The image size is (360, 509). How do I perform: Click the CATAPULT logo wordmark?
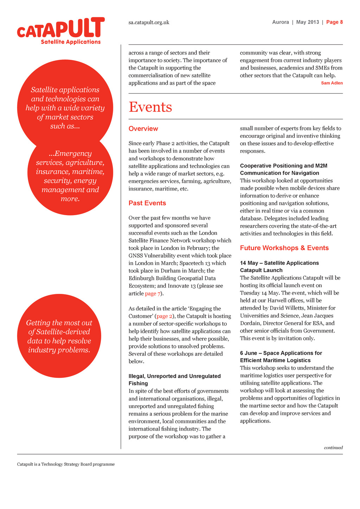point(61,28)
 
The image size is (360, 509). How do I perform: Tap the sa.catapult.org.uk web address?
point(149,22)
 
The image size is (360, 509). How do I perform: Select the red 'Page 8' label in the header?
point(334,22)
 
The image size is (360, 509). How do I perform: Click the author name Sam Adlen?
point(332,83)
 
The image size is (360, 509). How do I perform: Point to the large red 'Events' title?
point(150,107)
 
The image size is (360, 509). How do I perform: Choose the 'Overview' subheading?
point(143,129)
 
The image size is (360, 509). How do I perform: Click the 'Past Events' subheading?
point(147,203)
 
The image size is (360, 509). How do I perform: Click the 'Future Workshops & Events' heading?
point(284,248)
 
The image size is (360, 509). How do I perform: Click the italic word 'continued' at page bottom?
point(333,447)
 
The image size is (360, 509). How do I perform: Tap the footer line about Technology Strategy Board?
point(66,464)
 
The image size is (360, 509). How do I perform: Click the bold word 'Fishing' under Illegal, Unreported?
point(138,384)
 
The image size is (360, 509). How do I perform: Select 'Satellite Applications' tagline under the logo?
point(71,42)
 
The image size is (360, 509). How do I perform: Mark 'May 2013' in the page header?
point(308,22)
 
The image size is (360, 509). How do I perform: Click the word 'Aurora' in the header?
point(281,22)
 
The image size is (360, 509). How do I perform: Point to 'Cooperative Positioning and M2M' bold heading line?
point(284,166)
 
